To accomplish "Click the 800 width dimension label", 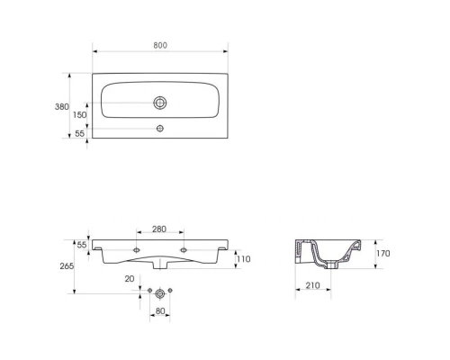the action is pos(160,45).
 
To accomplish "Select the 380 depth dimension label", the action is pos(62,106).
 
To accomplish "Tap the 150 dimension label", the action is pos(79,114).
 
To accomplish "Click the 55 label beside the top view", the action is pos(79,133).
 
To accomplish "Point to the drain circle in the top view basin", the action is pos(160,103).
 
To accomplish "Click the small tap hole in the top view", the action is pos(160,129).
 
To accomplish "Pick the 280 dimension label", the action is pos(159,229).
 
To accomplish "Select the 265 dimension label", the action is pos(67,265).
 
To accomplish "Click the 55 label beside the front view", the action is pos(82,245).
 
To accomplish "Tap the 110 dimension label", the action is pos(244,259).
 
